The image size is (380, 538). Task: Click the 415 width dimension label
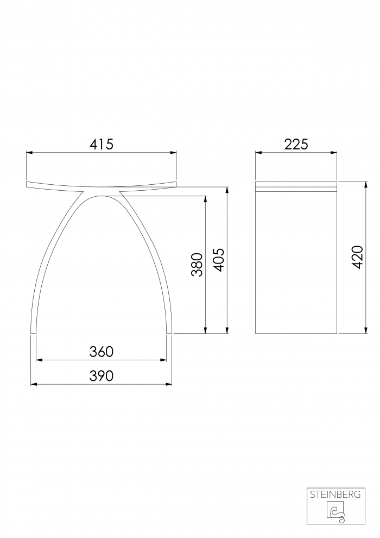[x=102, y=144]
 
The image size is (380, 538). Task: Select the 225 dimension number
[x=296, y=144]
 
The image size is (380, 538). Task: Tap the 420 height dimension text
[x=357, y=257]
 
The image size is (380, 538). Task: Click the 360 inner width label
[x=102, y=352]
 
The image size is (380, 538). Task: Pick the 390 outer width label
[x=102, y=376]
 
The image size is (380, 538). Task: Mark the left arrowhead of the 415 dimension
[x=29, y=153]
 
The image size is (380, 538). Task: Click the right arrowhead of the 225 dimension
[x=335, y=153]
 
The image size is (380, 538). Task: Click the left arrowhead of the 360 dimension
[x=39, y=360]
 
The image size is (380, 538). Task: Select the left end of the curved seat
[x=27, y=184]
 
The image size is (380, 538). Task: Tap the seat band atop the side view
[x=296, y=186]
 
